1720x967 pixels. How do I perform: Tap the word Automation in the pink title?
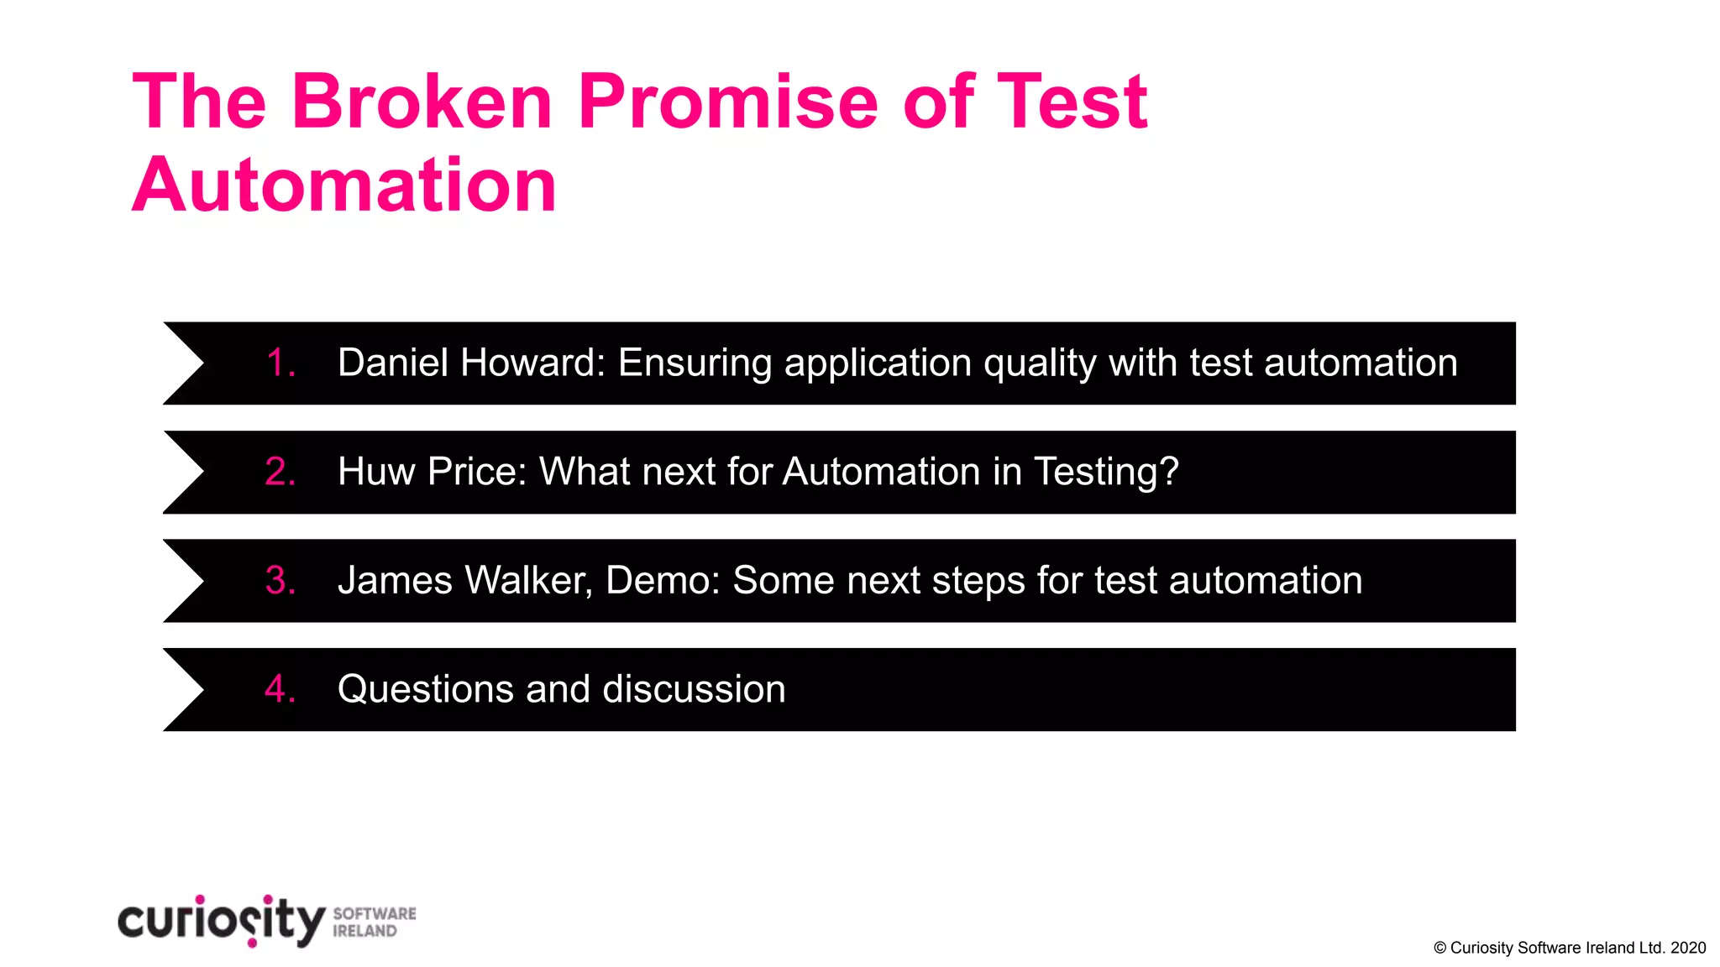point(344,186)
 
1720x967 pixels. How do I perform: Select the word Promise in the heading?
point(727,102)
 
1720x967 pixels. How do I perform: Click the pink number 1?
point(280,363)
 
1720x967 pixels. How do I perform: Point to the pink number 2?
point(280,472)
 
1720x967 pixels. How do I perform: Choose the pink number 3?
point(280,581)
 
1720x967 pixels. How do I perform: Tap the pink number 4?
point(280,689)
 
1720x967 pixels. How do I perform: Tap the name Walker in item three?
point(528,581)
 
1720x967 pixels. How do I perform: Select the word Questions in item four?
point(425,689)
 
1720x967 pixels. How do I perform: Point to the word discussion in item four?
point(694,689)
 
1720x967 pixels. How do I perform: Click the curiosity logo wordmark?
point(221,921)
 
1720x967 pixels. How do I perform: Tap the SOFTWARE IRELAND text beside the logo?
point(374,922)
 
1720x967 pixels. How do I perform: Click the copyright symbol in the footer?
point(1439,948)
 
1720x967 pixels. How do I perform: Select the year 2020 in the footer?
point(1687,948)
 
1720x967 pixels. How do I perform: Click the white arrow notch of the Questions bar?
point(181,689)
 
